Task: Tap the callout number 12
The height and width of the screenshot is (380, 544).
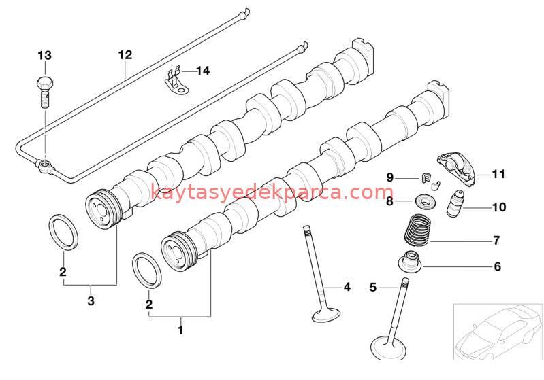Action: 124,54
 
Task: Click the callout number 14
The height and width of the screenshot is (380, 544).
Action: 204,70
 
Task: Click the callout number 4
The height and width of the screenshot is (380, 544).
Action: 347,287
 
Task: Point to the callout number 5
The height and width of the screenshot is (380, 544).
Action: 372,287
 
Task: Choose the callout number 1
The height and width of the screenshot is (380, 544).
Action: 180,330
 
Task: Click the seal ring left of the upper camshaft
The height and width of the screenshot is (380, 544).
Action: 65,231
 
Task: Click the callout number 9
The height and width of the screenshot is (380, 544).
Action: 390,177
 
